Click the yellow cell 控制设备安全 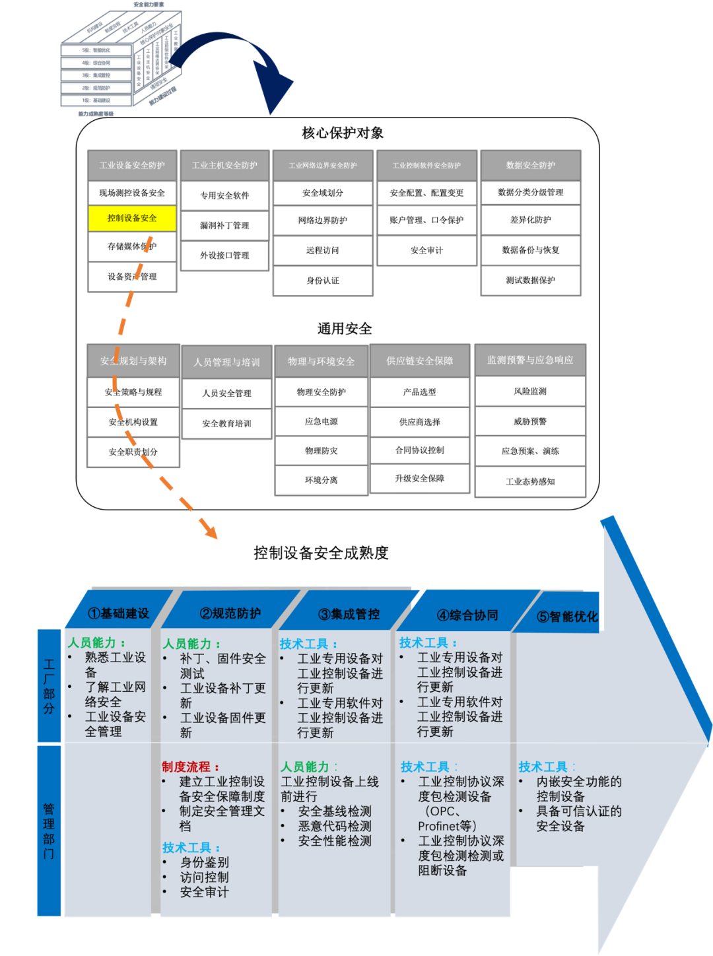[132, 218]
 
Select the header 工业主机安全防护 [224, 165]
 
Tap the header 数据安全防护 [531, 165]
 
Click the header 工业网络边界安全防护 [323, 166]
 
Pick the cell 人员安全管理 [226, 393]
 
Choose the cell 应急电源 [322, 421]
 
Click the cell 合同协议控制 [420, 450]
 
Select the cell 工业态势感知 [530, 482]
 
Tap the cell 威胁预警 [530, 421]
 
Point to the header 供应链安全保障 [420, 361]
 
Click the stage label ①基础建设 [119, 613]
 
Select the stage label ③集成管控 [349, 615]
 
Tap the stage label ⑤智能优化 [567, 617]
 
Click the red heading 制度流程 [187, 767]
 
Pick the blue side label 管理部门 [49, 831]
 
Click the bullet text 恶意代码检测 [335, 826]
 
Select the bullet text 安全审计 [205, 892]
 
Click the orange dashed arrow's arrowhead [211, 531]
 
